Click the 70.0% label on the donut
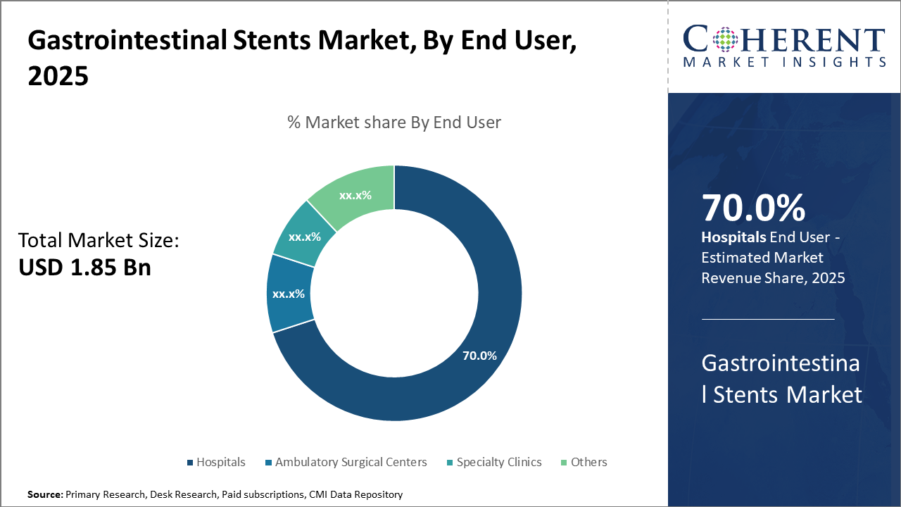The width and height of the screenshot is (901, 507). (479, 356)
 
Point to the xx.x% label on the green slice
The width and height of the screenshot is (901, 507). (355, 195)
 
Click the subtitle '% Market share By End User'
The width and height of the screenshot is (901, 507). (394, 123)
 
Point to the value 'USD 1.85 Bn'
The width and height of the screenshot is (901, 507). (84, 268)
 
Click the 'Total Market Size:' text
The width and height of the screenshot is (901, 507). (99, 241)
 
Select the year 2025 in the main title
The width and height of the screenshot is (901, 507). (58, 76)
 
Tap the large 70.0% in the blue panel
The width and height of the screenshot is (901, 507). (753, 209)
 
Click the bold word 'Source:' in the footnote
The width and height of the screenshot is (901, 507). (45, 495)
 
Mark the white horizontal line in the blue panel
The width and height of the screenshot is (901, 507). (768, 319)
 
